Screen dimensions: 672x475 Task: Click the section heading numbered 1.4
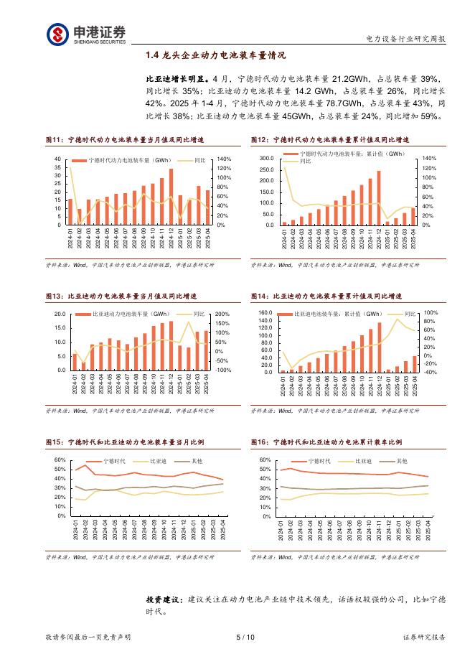[215, 55]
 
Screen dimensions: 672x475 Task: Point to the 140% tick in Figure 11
[223, 159]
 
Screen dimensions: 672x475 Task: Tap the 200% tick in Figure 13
[222, 314]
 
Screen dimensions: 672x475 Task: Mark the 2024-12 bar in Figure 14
[380, 347]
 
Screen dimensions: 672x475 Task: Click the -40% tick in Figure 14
[430, 372]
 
